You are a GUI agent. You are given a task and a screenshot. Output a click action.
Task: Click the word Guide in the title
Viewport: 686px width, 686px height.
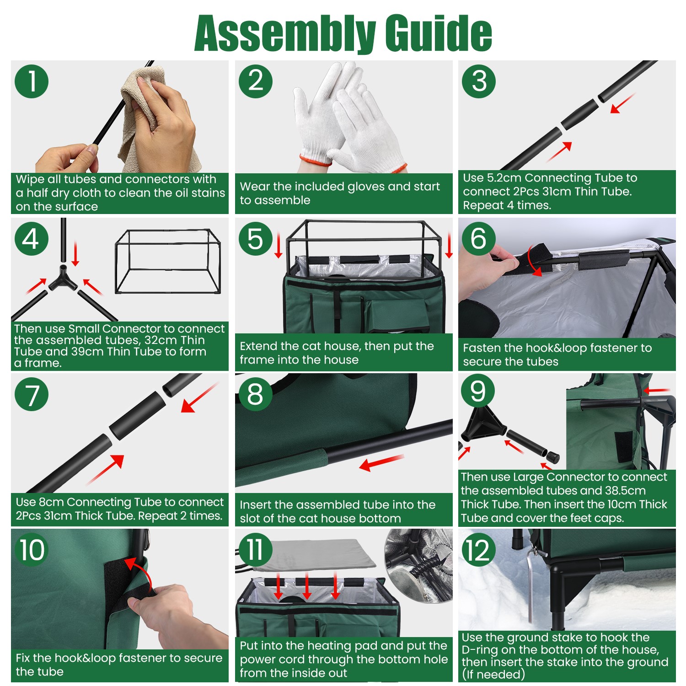[438, 33]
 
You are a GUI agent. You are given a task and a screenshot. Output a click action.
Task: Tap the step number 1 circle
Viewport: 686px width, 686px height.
[32, 81]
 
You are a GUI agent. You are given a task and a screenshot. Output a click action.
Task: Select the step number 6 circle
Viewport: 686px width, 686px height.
[479, 238]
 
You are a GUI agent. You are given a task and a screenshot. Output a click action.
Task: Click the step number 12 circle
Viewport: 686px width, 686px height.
[479, 550]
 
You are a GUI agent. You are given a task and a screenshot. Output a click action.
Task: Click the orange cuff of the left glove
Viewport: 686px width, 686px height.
[316, 160]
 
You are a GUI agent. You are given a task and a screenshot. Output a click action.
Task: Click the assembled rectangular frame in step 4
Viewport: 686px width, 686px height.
[168, 262]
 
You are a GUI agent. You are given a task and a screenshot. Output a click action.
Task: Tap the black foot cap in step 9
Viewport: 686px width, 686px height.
[553, 456]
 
